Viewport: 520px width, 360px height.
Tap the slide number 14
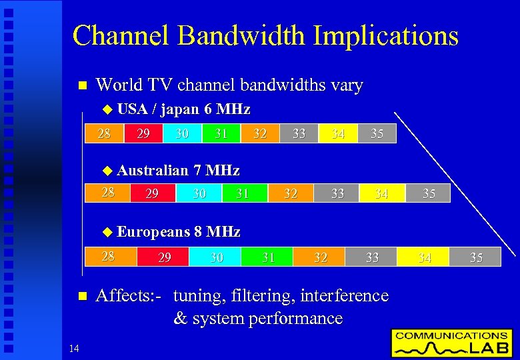click(74, 347)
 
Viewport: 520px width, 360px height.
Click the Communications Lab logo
click(451, 343)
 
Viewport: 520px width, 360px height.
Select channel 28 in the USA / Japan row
click(104, 133)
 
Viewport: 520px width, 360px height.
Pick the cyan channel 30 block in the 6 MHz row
click(182, 133)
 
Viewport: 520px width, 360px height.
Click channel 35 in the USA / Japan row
click(377, 133)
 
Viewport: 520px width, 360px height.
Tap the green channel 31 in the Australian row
click(243, 193)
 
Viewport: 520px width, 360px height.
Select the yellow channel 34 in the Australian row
click(381, 193)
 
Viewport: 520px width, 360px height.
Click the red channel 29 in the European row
click(163, 257)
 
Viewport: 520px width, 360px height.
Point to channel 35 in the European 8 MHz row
click(476, 257)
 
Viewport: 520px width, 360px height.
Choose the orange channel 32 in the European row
click(320, 257)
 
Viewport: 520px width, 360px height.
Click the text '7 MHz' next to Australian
click(217, 171)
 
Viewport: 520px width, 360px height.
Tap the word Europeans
click(153, 232)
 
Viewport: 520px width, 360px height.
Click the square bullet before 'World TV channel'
click(83, 86)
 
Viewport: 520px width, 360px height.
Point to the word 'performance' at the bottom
click(295, 319)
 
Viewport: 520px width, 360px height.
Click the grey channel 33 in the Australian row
click(338, 193)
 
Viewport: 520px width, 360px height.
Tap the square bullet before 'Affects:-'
click(83, 296)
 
